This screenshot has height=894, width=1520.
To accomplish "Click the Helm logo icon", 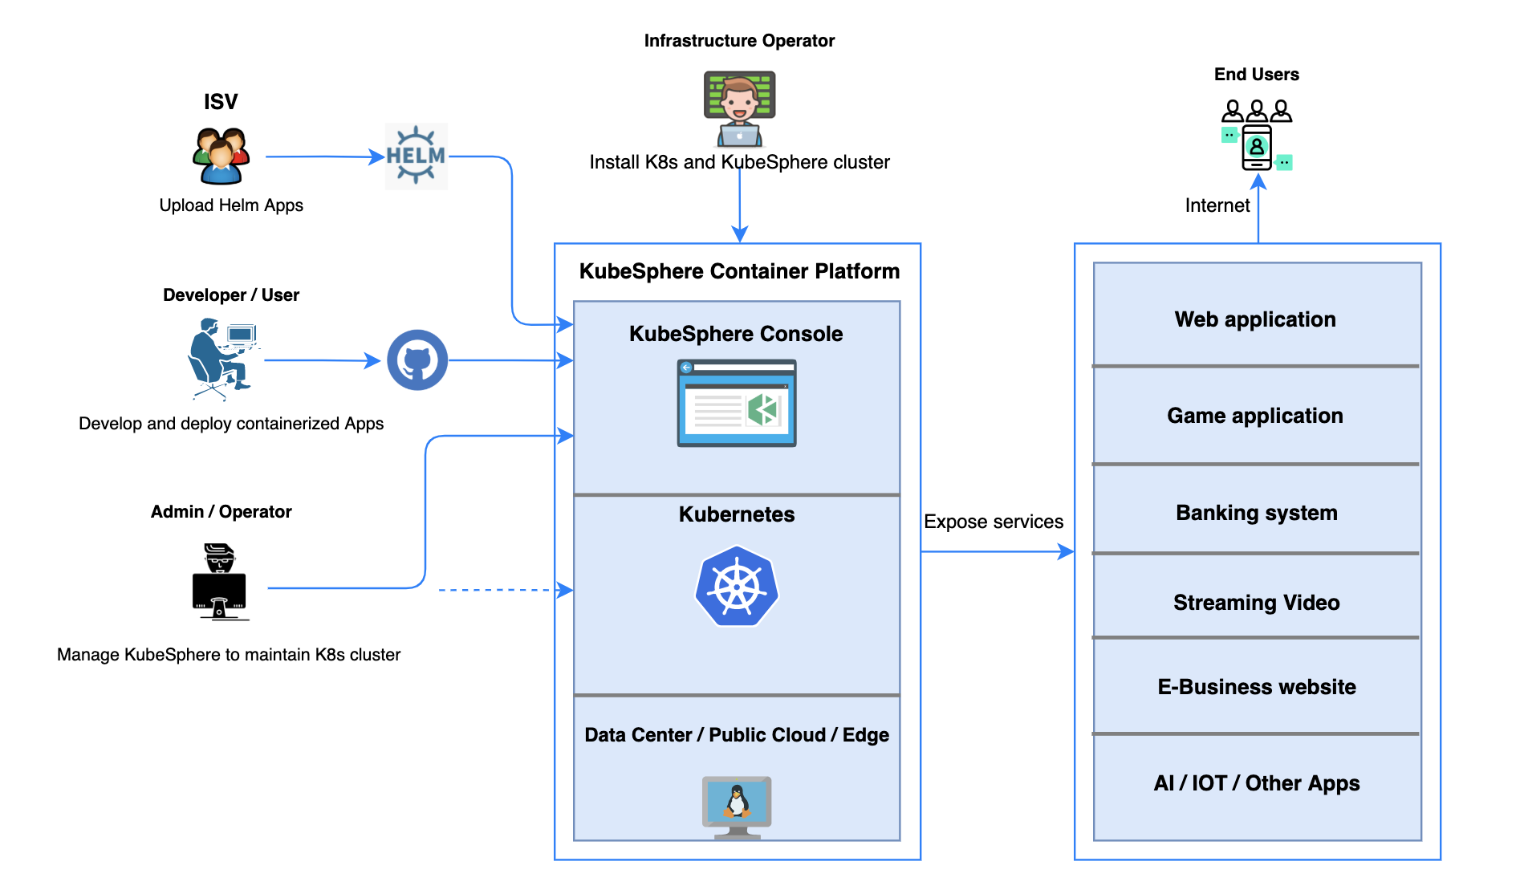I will pos(416,156).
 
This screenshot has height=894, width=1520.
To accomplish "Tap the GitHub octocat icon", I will pos(417,360).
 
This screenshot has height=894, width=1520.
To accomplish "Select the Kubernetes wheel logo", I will pos(737,587).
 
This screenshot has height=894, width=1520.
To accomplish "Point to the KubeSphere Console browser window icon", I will pos(737,403).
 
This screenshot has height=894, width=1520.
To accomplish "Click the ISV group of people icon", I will pos(221,156).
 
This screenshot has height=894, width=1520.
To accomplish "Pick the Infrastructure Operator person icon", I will pos(739,108).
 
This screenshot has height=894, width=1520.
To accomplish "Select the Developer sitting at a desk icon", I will pos(221,359).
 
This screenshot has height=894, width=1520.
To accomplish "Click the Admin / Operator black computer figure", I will pos(220,582).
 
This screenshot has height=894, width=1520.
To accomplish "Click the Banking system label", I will pos(1257,513).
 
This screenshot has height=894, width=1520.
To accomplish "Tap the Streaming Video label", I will pos(1257,603).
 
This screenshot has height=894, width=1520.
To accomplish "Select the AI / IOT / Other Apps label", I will pos(1257,783).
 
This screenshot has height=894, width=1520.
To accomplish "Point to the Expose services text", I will pos(994,522).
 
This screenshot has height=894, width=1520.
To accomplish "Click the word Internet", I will pos(1217,205).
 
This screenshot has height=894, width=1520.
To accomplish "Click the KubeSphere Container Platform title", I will pos(739,271).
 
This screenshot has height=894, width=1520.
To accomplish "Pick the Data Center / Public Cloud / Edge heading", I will pos(737,735).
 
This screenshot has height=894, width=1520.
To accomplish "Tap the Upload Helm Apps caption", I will pos(231,205).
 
